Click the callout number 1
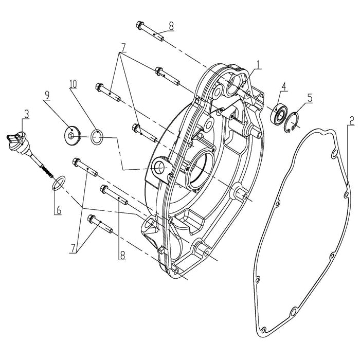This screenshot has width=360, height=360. pyautogui.click(x=259, y=65)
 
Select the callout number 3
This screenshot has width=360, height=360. pyautogui.click(x=26, y=113)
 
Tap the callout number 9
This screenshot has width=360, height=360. pyautogui.click(x=47, y=95)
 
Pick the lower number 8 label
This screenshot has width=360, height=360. pyautogui.click(x=122, y=255)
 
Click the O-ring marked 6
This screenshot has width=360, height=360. pyautogui.click(x=59, y=182)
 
